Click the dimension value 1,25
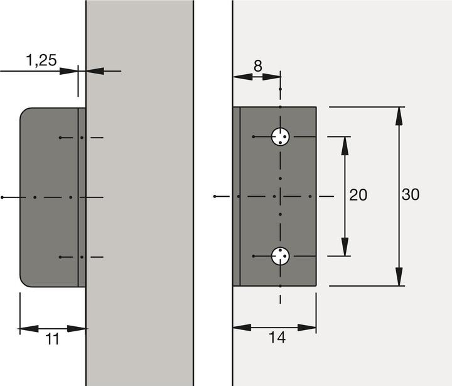pyautogui.click(x=41, y=60)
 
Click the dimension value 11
pyautogui.click(x=53, y=339)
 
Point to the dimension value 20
pyautogui.click(x=358, y=196)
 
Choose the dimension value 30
pyautogui.click(x=410, y=196)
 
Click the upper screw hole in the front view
pyautogui.click(x=280, y=136)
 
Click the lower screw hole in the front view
pyautogui.click(x=280, y=256)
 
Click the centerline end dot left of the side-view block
pyautogui.click(x=3, y=197)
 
